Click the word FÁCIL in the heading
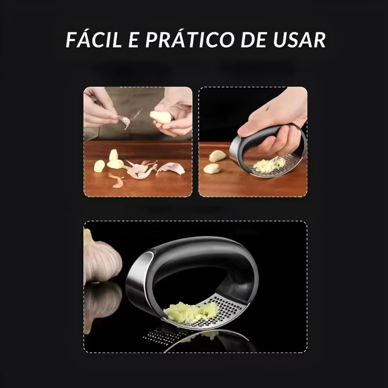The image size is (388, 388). point(94,40)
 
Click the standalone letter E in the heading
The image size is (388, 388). point(133,40)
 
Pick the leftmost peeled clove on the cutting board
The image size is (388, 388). point(99,166)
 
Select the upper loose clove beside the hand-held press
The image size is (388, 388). point(217,155)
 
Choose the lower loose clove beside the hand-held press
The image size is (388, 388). point(212,168)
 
